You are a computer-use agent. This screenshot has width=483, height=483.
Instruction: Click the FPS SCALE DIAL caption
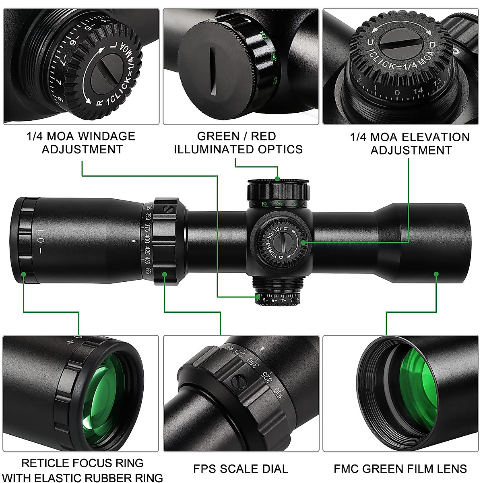pos(241,469)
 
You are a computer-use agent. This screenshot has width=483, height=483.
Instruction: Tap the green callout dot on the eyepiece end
pos(24,274)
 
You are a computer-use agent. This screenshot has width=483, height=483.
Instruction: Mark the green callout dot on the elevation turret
pos(303,242)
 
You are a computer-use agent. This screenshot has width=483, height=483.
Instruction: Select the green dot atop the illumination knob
pos(278,179)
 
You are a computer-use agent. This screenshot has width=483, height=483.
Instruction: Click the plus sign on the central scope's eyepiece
pos(40,230)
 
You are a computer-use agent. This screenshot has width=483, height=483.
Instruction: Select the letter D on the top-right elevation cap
pos(432,45)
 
